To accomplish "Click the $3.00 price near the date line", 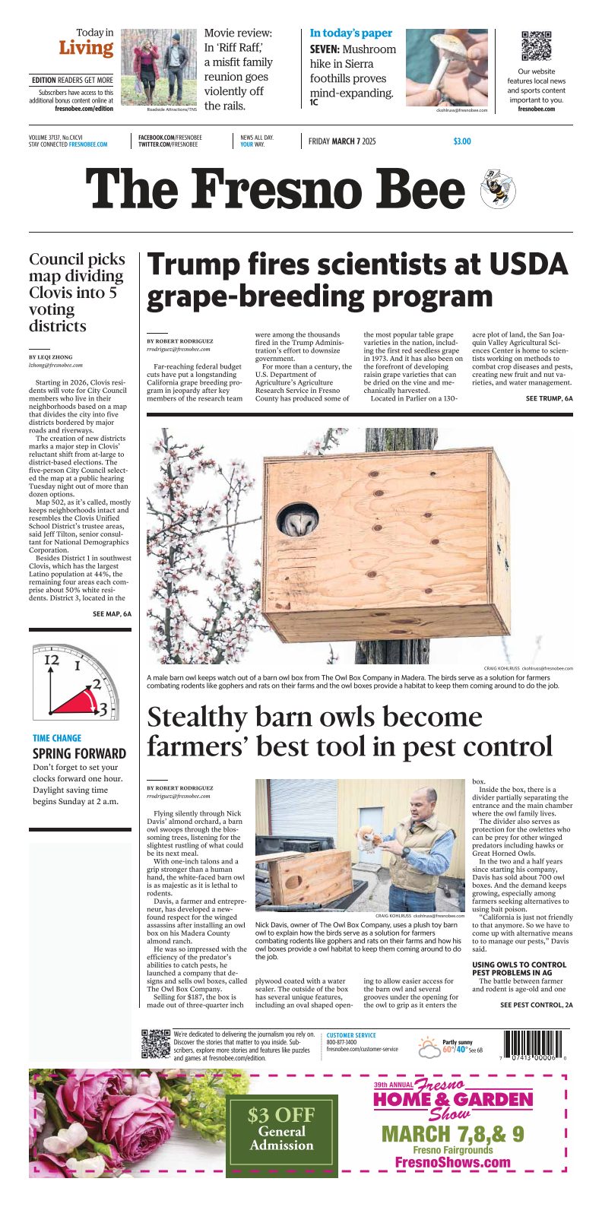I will [461, 141].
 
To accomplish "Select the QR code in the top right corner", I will [536, 46].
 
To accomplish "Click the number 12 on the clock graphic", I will [51, 661].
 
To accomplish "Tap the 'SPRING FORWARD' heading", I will [79, 754].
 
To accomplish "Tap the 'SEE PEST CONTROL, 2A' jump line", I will [536, 1005].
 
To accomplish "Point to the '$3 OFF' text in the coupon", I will [281, 1115].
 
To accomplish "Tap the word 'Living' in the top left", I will [86, 48].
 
